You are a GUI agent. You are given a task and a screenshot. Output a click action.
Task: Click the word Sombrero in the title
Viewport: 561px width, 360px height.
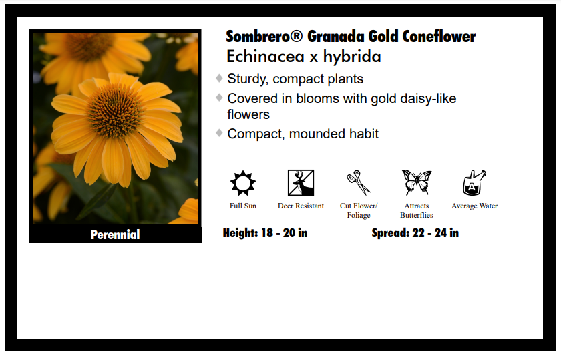[260, 37]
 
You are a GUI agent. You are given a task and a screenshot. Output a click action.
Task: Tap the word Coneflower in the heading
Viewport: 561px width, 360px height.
[439, 37]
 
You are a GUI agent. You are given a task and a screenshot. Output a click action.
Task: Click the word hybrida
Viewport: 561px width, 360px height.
[352, 57]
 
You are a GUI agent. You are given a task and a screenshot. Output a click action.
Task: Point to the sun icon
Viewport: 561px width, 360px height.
[243, 183]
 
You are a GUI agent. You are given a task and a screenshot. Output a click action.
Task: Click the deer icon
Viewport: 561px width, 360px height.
[301, 182]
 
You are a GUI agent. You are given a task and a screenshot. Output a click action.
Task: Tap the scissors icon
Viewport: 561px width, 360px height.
[359, 182]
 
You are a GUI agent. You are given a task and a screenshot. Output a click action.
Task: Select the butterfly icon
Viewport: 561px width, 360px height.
[417, 182]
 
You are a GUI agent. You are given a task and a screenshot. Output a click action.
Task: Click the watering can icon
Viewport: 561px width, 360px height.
[474, 182]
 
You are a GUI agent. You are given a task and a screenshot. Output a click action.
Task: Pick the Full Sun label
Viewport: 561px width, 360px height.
[243, 206]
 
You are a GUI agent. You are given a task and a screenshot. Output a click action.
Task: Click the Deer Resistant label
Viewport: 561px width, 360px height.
[301, 206]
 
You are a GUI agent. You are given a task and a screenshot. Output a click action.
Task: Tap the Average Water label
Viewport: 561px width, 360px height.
[474, 206]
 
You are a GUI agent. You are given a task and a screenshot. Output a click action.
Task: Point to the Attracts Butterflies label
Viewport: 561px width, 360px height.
[417, 210]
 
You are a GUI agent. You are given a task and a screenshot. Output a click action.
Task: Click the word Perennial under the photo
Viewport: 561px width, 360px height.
[115, 234]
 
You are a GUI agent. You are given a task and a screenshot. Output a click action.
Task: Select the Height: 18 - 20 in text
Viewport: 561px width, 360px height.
[265, 233]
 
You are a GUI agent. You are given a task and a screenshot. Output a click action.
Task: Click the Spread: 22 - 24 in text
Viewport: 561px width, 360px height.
[415, 233]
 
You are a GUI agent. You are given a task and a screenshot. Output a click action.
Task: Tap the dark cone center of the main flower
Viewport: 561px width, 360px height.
[114, 112]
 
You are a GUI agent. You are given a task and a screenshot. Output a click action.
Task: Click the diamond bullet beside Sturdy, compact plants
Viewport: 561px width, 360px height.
[219, 78]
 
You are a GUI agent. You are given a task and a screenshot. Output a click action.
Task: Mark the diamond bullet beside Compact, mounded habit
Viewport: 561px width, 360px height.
[219, 133]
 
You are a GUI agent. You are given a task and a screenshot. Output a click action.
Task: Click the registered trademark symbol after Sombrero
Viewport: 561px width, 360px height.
[297, 36]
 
